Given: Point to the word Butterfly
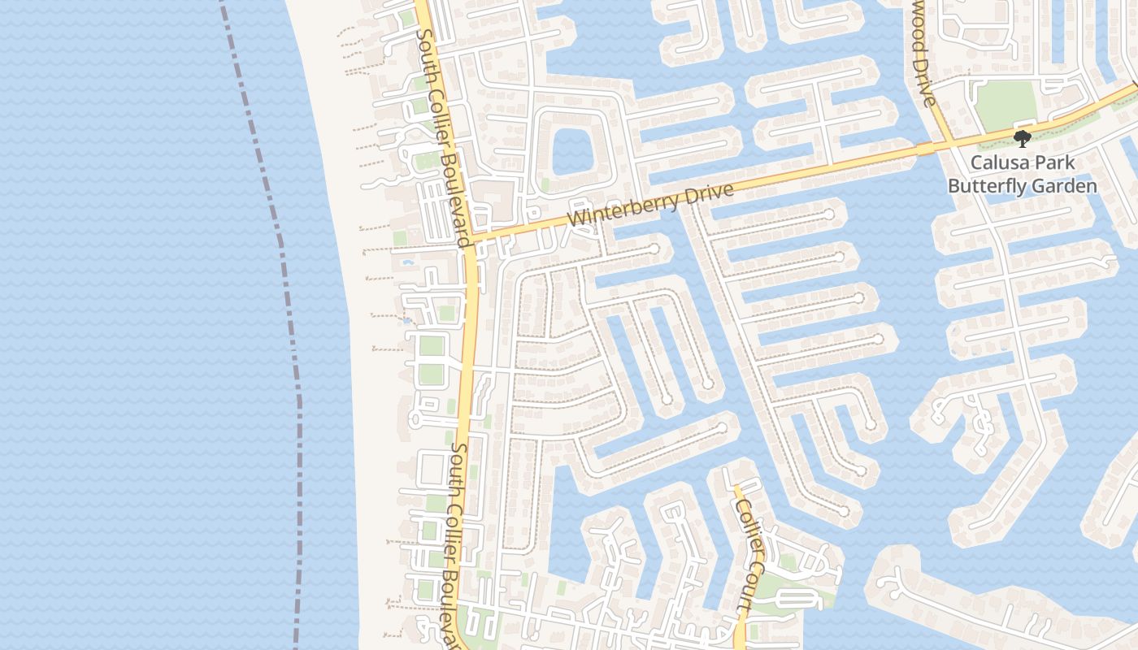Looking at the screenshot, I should click(x=984, y=186).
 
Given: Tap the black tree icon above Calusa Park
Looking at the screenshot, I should click(x=1022, y=139).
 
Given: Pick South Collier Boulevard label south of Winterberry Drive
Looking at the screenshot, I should click(x=457, y=544).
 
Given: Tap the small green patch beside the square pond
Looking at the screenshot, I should click(x=545, y=185).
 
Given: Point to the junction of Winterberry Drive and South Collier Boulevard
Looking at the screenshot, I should click(x=472, y=237).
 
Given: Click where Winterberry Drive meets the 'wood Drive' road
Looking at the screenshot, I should click(x=951, y=144).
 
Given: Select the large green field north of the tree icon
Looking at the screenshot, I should click(x=1006, y=104).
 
